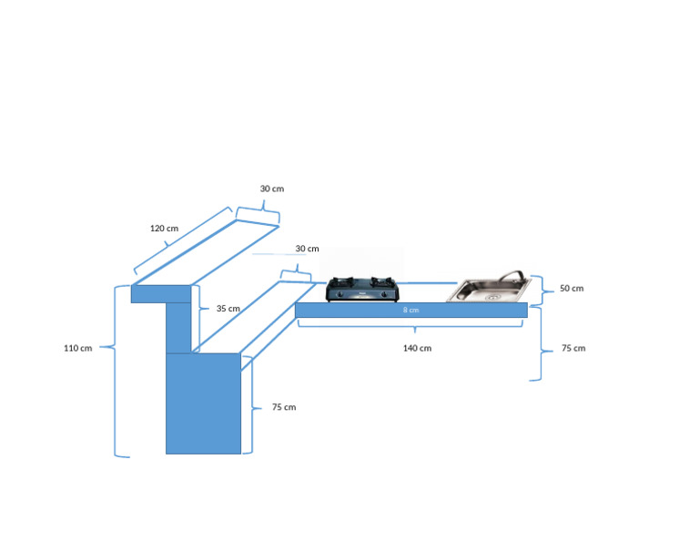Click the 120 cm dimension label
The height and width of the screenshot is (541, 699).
pyautogui.click(x=164, y=229)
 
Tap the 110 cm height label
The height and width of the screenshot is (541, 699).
pyautogui.click(x=77, y=348)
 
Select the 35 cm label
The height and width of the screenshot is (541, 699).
pyautogui.click(x=228, y=309)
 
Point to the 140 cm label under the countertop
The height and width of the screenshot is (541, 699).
pyautogui.click(x=417, y=348)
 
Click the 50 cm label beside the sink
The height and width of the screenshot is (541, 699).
pyautogui.click(x=572, y=289)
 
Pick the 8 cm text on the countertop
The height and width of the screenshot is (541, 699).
pyautogui.click(x=410, y=311)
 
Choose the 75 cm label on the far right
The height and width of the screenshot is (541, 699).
pyautogui.click(x=573, y=348)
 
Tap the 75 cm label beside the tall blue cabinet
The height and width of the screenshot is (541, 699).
pyautogui.click(x=284, y=407)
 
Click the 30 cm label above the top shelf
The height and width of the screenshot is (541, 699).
pyautogui.click(x=272, y=189)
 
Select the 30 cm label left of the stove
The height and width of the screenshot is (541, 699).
pyautogui.click(x=307, y=249)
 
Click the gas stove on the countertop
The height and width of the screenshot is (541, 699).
pyautogui.click(x=362, y=290)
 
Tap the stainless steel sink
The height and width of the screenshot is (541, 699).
pyautogui.click(x=489, y=289)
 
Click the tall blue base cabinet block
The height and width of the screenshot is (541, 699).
pyautogui.click(x=203, y=403)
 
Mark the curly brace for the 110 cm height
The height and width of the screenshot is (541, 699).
pyautogui.click(x=116, y=371)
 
